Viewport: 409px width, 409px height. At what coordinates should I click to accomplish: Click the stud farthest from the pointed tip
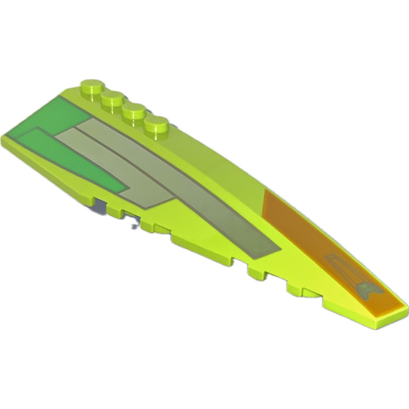(x=92, y=86)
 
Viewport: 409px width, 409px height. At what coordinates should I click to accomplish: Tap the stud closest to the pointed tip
(x=157, y=123)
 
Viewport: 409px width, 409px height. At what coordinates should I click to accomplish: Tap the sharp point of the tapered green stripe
(x=126, y=188)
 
